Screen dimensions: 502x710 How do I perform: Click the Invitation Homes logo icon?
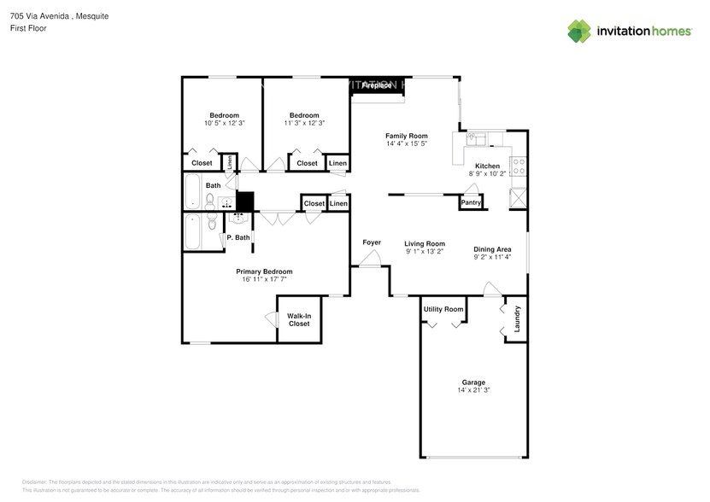pyautogui.click(x=579, y=31)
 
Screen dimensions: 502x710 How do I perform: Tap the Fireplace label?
pyautogui.click(x=377, y=85)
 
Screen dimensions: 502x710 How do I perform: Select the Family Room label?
pyautogui.click(x=406, y=136)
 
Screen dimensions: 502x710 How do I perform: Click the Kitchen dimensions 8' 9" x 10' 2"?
pyautogui.click(x=487, y=173)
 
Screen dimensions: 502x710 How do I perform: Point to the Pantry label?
pyautogui.click(x=471, y=202)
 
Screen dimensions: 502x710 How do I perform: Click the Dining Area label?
pyautogui.click(x=492, y=249)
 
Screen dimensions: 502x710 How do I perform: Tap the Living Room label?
pyautogui.click(x=425, y=243)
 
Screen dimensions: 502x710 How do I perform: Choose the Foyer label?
pyautogui.click(x=372, y=242)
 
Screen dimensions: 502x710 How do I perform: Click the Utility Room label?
pyautogui.click(x=443, y=309)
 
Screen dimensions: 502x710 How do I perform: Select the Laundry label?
pyautogui.click(x=517, y=319)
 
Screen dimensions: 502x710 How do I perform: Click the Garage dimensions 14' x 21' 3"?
pyautogui.click(x=473, y=390)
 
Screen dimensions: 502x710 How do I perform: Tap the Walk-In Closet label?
pyautogui.click(x=298, y=320)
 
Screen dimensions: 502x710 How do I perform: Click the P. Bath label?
pyautogui.click(x=238, y=237)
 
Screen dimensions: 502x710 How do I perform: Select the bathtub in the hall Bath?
pyautogui.click(x=192, y=192)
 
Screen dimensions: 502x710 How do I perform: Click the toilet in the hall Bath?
pyautogui.click(x=209, y=201)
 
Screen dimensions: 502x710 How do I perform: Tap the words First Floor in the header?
pyautogui.click(x=28, y=28)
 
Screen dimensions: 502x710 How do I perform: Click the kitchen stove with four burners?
pyautogui.click(x=517, y=167)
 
